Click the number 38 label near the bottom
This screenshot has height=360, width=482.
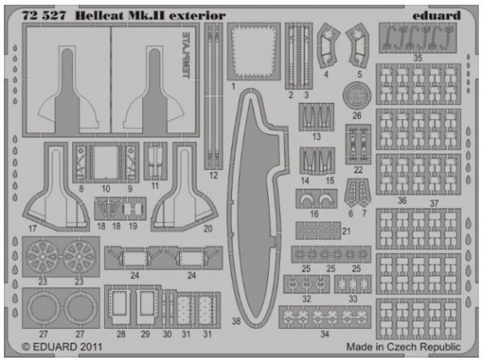click(x=236, y=321)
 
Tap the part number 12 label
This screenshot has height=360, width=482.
click(x=213, y=175)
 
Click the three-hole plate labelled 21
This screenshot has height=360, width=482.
click(x=320, y=230)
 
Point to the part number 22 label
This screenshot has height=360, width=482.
click(x=359, y=169)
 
